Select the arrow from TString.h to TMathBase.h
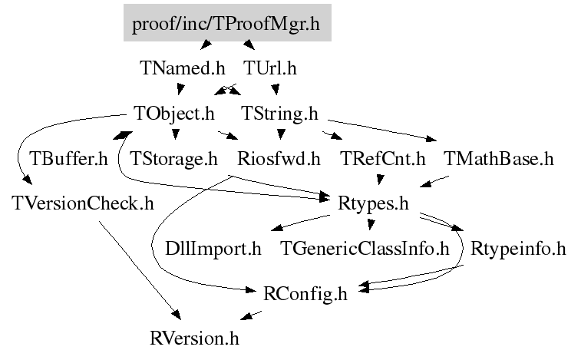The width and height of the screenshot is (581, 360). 384,130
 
